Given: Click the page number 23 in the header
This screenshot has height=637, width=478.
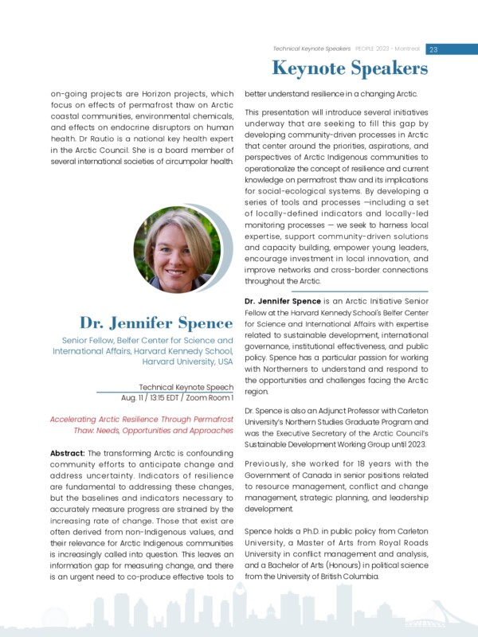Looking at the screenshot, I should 433,49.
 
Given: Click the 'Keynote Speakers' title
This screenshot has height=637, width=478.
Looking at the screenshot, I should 350,68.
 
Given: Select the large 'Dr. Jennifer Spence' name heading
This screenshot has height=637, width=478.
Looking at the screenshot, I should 155,322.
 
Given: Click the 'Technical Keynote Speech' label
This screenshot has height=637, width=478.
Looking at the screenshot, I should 186,386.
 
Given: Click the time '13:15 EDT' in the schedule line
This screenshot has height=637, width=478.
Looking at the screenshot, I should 167,397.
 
